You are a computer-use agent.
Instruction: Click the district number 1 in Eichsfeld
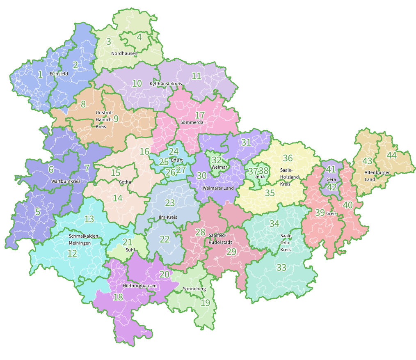coord(40,74)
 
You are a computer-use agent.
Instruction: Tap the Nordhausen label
coord(124,53)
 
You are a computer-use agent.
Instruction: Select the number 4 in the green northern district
coord(139,37)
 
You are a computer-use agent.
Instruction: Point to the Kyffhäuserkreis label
coord(166,84)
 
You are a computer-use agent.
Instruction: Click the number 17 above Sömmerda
coord(200,115)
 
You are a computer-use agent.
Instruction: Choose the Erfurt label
coord(177,160)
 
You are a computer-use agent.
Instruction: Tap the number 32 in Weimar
coord(217,160)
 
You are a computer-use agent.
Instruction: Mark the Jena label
coord(260,177)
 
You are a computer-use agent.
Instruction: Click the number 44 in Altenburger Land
coord(392,155)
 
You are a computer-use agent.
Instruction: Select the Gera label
coord(331,179)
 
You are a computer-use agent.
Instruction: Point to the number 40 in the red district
coord(348,205)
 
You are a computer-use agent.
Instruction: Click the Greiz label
coord(331,213)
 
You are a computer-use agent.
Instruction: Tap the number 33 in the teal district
coord(281,268)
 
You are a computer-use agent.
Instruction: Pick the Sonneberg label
coord(194,289)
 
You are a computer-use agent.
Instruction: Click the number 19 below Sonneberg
coord(205,303)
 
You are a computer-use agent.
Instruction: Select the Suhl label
coord(130,249)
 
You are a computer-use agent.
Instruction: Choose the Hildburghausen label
coord(139,286)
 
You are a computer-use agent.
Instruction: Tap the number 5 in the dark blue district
coord(37,212)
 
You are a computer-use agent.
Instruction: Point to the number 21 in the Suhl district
coord(128,242)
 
